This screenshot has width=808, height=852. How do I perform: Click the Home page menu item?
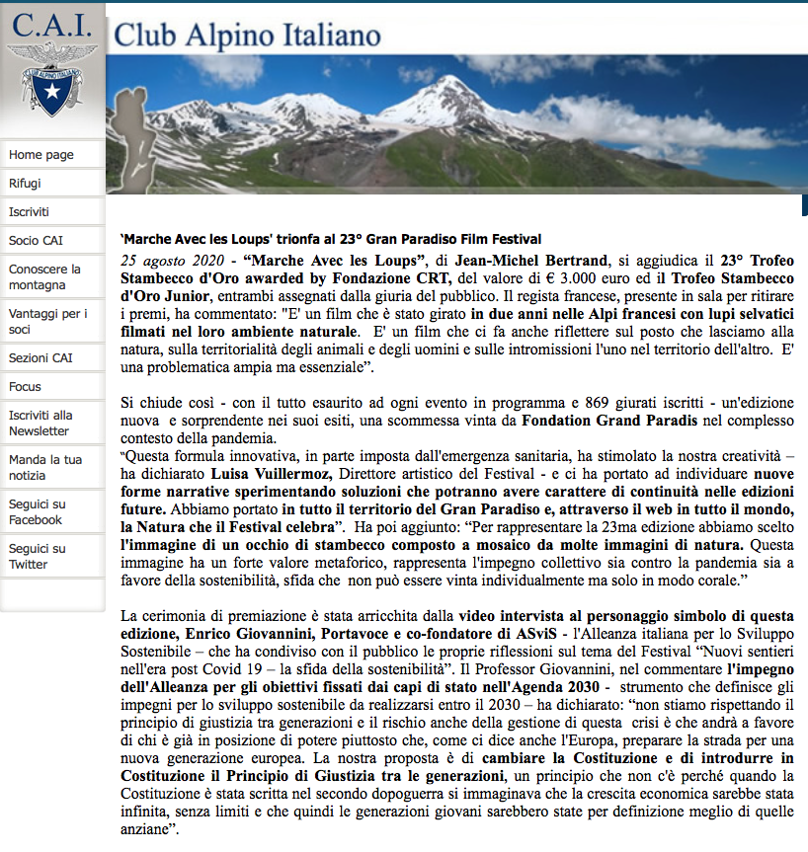click(x=41, y=155)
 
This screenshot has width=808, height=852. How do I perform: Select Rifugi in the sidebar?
click(x=26, y=184)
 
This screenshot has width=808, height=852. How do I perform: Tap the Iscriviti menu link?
click(x=30, y=212)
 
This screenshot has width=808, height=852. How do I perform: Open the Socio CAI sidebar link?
click(x=37, y=241)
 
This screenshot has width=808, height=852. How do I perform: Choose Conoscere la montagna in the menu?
click(x=44, y=277)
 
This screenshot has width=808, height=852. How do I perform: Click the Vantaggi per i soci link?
click(x=47, y=322)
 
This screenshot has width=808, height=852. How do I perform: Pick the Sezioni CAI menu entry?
click(x=40, y=358)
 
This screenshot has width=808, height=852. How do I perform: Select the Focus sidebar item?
click(x=26, y=387)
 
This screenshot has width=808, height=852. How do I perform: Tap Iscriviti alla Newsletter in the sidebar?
click(x=40, y=423)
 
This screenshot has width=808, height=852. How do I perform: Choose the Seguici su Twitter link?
click(x=38, y=556)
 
